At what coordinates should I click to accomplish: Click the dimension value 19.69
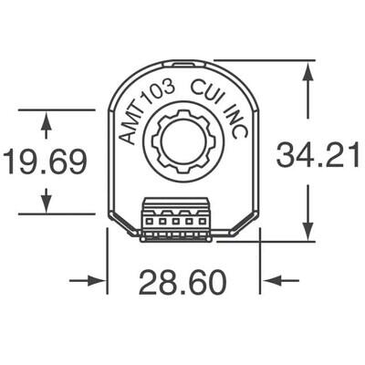[45, 162]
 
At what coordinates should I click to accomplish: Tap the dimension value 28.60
[182, 284]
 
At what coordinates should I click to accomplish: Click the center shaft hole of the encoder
[182, 143]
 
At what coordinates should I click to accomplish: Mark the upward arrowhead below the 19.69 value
[46, 197]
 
